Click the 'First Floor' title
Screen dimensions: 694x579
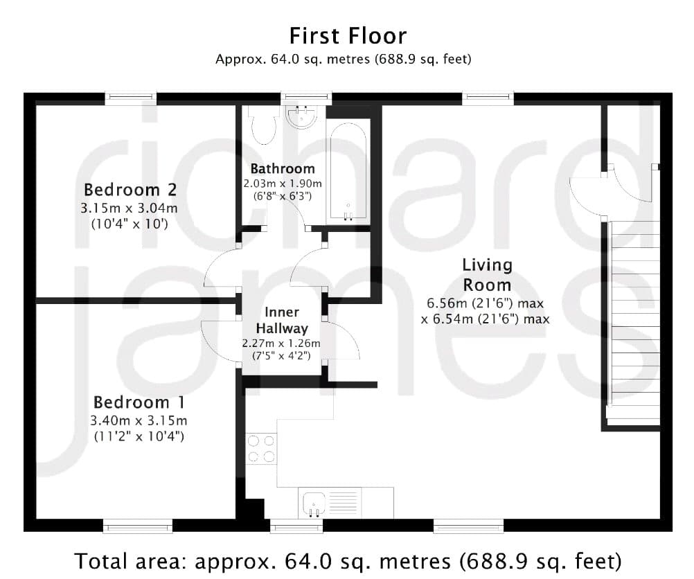[x=348, y=36]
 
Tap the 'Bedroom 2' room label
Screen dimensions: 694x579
[x=130, y=190]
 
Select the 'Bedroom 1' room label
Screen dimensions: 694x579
[x=139, y=402]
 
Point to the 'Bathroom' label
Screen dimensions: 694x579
[x=283, y=169]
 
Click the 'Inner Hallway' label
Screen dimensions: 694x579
[x=282, y=320]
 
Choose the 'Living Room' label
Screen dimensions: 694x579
[x=487, y=275]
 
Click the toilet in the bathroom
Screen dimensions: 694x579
[x=263, y=125]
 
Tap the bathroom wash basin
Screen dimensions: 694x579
[x=302, y=116]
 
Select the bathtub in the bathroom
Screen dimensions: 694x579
[x=348, y=171]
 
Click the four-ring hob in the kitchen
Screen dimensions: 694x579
[x=261, y=448]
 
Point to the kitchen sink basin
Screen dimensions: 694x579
[x=314, y=504]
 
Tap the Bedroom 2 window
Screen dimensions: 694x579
[x=131, y=98]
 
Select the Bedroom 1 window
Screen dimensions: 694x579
[x=138, y=526]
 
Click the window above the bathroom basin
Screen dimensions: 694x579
[x=306, y=98]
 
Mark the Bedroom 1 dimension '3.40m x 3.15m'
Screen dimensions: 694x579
[x=139, y=420]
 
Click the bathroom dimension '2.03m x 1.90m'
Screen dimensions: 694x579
[x=283, y=184]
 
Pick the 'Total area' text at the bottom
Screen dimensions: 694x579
[x=348, y=561]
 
